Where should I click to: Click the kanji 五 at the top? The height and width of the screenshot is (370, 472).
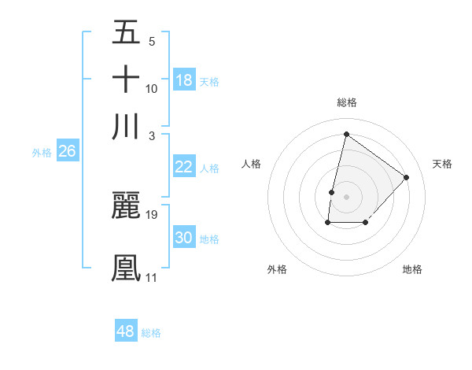tap(127, 32)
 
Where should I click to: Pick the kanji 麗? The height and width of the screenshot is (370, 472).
tap(127, 205)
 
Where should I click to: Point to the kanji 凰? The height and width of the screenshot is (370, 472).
tap(127, 267)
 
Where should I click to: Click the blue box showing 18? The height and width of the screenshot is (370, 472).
tap(184, 80)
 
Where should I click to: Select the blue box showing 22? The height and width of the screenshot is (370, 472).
tap(184, 167)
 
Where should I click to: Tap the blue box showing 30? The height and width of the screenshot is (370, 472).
tap(184, 238)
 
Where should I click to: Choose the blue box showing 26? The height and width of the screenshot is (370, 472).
tap(67, 152)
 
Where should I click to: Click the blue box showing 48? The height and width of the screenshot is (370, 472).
tap(126, 331)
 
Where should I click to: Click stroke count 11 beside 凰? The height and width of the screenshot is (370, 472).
tap(151, 277)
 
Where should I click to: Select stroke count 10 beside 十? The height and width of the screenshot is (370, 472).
tap(152, 88)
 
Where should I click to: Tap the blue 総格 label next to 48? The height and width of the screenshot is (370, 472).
tap(151, 333)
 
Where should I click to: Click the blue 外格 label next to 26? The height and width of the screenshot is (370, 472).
tap(42, 153)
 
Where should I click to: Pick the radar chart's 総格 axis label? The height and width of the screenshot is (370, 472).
tap(347, 102)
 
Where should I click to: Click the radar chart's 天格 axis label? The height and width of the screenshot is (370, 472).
tap(442, 164)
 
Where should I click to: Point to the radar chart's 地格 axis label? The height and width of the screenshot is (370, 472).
tap(412, 269)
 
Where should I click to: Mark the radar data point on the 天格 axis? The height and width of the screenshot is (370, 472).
tap(406, 177)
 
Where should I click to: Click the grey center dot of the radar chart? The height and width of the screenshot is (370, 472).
tap(347, 196)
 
